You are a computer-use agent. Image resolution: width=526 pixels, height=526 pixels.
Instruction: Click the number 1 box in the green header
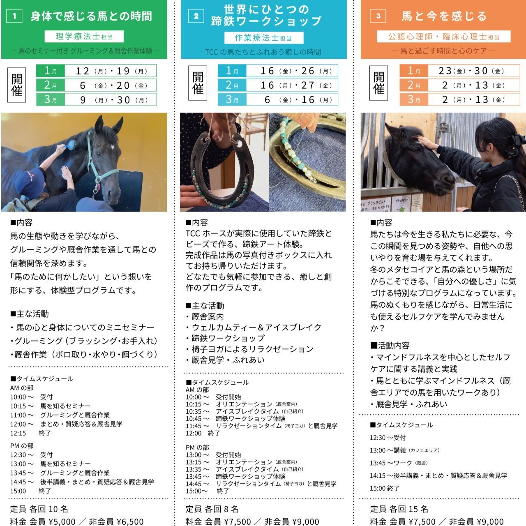tap(15, 16)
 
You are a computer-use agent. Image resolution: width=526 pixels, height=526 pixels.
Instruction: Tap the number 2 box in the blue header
tap(196, 16)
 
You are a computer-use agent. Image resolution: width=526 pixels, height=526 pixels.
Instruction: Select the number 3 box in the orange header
tap(378, 16)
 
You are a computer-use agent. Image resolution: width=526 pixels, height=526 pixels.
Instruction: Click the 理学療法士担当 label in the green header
tap(84, 37)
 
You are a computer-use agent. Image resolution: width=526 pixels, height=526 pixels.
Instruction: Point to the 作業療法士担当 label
tap(263, 38)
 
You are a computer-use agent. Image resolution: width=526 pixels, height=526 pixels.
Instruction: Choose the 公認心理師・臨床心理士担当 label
tap(444, 37)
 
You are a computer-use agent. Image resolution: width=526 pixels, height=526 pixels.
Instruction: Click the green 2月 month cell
tap(51, 85)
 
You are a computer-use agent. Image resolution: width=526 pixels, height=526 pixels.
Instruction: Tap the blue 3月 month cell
tap(232, 99)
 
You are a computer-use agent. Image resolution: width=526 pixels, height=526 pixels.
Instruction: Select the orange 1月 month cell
tap(414, 71)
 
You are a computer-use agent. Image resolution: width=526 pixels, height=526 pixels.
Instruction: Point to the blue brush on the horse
tap(70, 145)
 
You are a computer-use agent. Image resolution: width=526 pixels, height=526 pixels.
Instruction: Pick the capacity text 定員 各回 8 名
tap(212, 509)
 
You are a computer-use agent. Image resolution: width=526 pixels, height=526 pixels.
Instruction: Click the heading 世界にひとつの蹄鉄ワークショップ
tap(266, 15)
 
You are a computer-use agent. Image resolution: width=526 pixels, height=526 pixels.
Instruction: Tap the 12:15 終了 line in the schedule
tap(30, 433)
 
